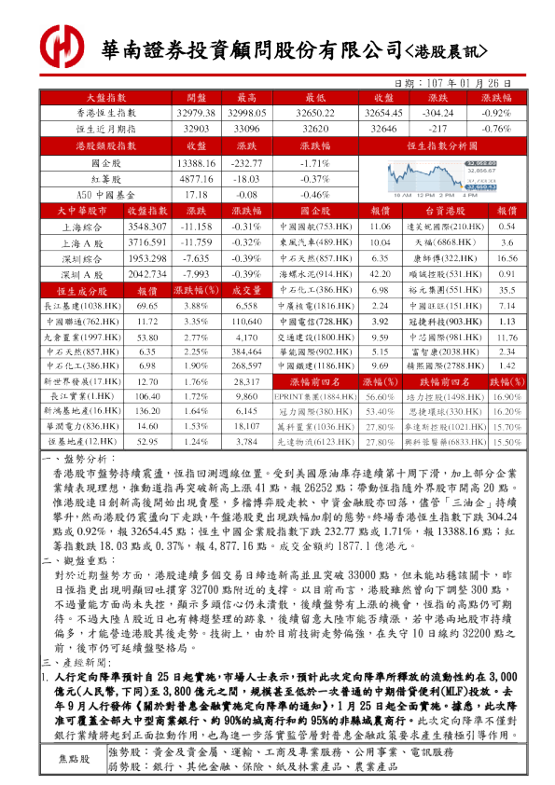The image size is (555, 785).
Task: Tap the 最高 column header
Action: (247, 98)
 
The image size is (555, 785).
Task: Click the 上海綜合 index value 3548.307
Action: (146, 227)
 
